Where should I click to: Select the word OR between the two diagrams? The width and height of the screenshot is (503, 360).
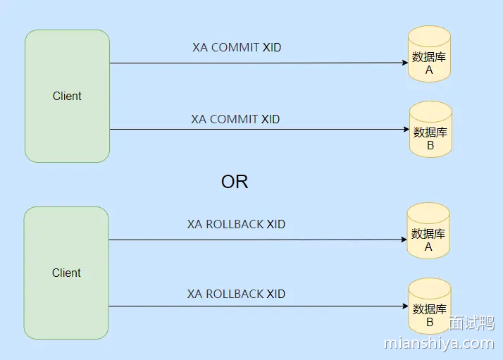(x=235, y=182)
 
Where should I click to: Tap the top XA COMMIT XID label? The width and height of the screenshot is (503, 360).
(x=237, y=48)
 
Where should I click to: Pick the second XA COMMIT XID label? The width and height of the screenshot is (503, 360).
(x=235, y=119)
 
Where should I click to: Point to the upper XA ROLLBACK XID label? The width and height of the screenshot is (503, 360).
(x=236, y=225)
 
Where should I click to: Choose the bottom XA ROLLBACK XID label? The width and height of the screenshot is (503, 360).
(x=236, y=294)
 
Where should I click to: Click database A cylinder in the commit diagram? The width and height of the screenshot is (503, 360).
(x=429, y=54)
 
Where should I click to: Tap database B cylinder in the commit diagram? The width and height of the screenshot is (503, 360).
(x=430, y=129)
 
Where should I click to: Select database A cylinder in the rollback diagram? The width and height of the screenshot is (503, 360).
(x=428, y=232)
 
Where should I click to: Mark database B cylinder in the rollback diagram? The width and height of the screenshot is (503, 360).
(x=430, y=306)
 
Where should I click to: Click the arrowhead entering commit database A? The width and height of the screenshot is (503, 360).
(x=404, y=63)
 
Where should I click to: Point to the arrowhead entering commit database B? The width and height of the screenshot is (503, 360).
(x=406, y=130)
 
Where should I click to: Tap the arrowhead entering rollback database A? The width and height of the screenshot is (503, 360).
(x=404, y=240)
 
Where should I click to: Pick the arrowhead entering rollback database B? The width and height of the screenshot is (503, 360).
(x=405, y=306)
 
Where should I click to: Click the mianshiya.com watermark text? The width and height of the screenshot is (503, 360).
(x=439, y=344)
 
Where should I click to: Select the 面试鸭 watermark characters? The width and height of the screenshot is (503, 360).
(x=471, y=323)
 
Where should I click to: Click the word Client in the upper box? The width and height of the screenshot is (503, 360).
(x=67, y=96)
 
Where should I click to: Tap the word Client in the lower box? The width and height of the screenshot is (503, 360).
(x=66, y=273)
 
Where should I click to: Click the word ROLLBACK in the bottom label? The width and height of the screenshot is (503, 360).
(x=235, y=294)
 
